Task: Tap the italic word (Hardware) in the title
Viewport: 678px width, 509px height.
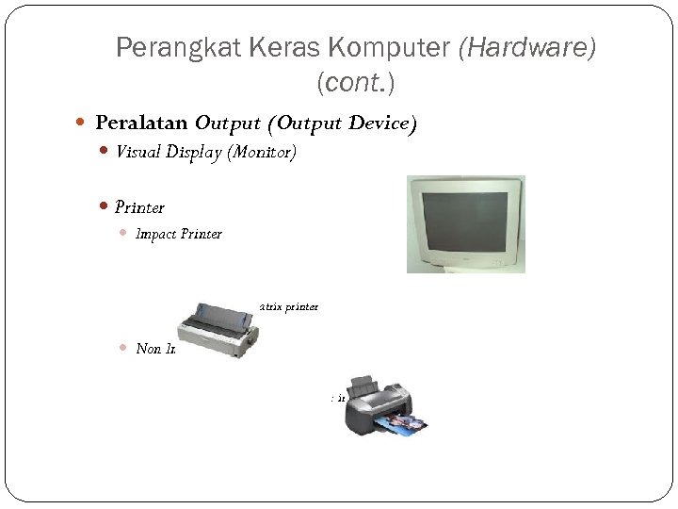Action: click(526, 48)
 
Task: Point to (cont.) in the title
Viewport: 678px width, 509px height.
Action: click(356, 83)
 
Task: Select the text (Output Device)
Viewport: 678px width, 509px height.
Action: click(342, 123)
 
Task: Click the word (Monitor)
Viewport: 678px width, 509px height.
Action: click(262, 153)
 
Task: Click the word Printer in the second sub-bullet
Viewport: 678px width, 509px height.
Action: click(139, 207)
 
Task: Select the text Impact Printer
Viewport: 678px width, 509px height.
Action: click(179, 234)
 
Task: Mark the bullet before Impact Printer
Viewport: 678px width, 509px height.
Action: click(123, 234)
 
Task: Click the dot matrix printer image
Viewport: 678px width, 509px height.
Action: click(218, 329)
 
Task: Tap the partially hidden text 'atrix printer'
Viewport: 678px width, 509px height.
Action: click(288, 306)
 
